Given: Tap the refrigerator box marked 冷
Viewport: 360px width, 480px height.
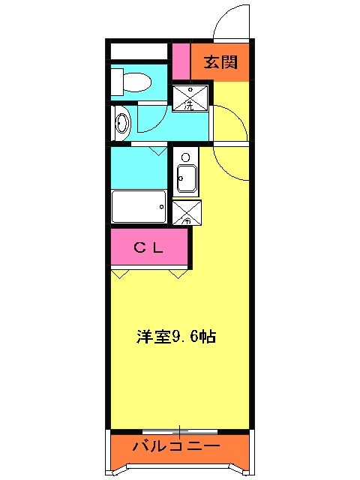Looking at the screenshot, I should (186, 213).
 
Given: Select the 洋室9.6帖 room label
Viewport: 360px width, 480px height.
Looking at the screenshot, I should (176, 337).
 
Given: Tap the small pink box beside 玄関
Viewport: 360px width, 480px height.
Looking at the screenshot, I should (180, 62).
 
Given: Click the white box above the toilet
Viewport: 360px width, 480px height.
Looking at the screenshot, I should (139, 52).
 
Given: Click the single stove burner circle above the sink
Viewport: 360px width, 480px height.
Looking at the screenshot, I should (185, 158).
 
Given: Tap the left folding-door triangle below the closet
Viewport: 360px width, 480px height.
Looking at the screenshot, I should (120, 273).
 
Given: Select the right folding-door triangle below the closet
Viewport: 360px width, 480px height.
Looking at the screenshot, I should (178, 273).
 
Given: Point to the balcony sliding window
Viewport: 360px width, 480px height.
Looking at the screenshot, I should (179, 430).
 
